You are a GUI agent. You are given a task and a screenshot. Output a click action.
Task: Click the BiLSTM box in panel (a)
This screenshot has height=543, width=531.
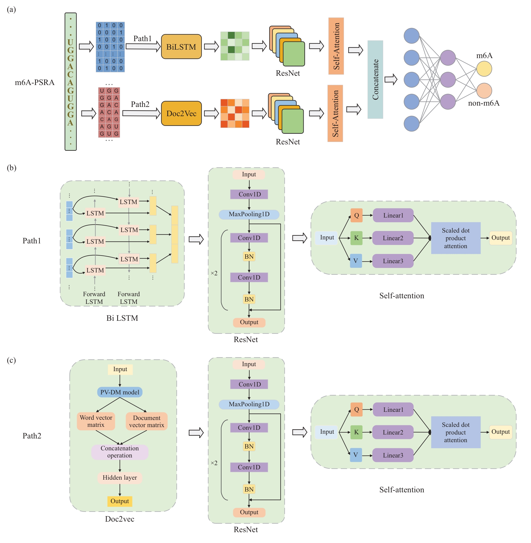tap(181, 46)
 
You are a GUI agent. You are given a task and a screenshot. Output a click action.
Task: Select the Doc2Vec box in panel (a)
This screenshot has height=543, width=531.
tap(181, 113)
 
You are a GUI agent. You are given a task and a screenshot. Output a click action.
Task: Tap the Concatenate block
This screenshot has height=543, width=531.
tap(375, 79)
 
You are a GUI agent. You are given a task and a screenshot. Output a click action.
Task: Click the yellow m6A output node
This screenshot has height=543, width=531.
tap(484, 69)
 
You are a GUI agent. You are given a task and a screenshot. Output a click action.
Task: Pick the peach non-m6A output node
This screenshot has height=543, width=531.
tap(484, 91)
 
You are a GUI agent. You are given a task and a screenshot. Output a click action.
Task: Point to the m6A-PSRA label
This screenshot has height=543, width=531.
tap(35, 83)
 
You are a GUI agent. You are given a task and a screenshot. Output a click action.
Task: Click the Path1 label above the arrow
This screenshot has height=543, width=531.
tap(142, 39)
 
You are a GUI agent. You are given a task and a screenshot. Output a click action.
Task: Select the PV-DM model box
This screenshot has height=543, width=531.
tap(120, 392)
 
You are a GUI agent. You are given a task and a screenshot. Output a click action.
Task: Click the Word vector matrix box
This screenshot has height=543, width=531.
tap(96, 421)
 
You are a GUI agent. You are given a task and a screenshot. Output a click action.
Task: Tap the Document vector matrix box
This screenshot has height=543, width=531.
tap(146, 421)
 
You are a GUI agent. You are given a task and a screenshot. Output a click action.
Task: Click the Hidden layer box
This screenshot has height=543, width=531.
tap(120, 478)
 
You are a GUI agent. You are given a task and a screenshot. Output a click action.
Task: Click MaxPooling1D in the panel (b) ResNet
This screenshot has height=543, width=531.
tap(249, 214)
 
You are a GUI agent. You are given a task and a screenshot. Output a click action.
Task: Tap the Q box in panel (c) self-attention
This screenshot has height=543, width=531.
tap(356, 409)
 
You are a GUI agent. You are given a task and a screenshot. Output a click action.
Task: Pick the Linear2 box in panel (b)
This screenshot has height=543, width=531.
tap(393, 238)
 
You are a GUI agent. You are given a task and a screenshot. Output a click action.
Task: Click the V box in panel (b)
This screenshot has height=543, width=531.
tap(356, 261)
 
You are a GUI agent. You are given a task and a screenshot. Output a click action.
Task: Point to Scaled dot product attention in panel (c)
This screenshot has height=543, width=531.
tap(456, 432)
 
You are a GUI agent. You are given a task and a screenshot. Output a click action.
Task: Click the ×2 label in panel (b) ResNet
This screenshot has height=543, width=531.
tap(214, 273)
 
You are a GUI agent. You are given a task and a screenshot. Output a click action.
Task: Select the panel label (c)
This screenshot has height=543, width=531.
tap(11, 360)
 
